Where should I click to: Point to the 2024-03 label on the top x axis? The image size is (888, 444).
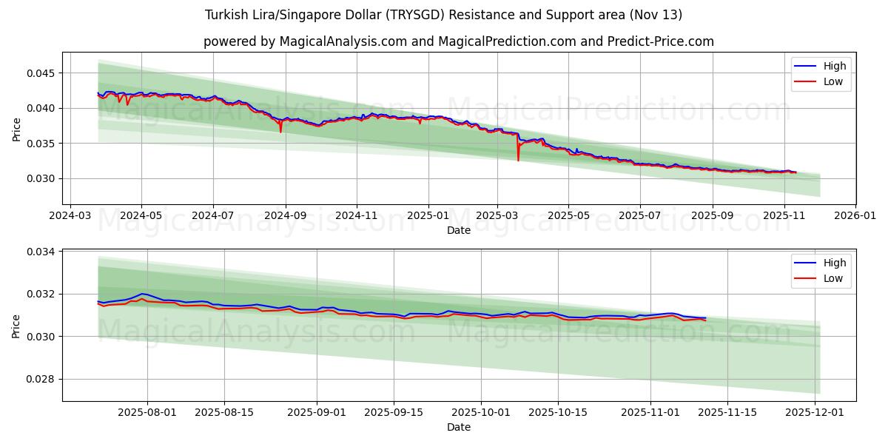click(x=70, y=216)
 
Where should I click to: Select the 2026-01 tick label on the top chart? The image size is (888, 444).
click(x=855, y=216)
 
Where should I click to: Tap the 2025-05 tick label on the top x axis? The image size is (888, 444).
click(x=568, y=216)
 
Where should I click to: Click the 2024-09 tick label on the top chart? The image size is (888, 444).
click(x=285, y=216)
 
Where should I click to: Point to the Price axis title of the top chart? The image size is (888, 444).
click(x=17, y=129)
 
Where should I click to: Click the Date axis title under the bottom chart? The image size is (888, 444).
click(x=459, y=427)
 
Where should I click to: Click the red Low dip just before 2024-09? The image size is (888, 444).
click(x=280, y=131)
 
